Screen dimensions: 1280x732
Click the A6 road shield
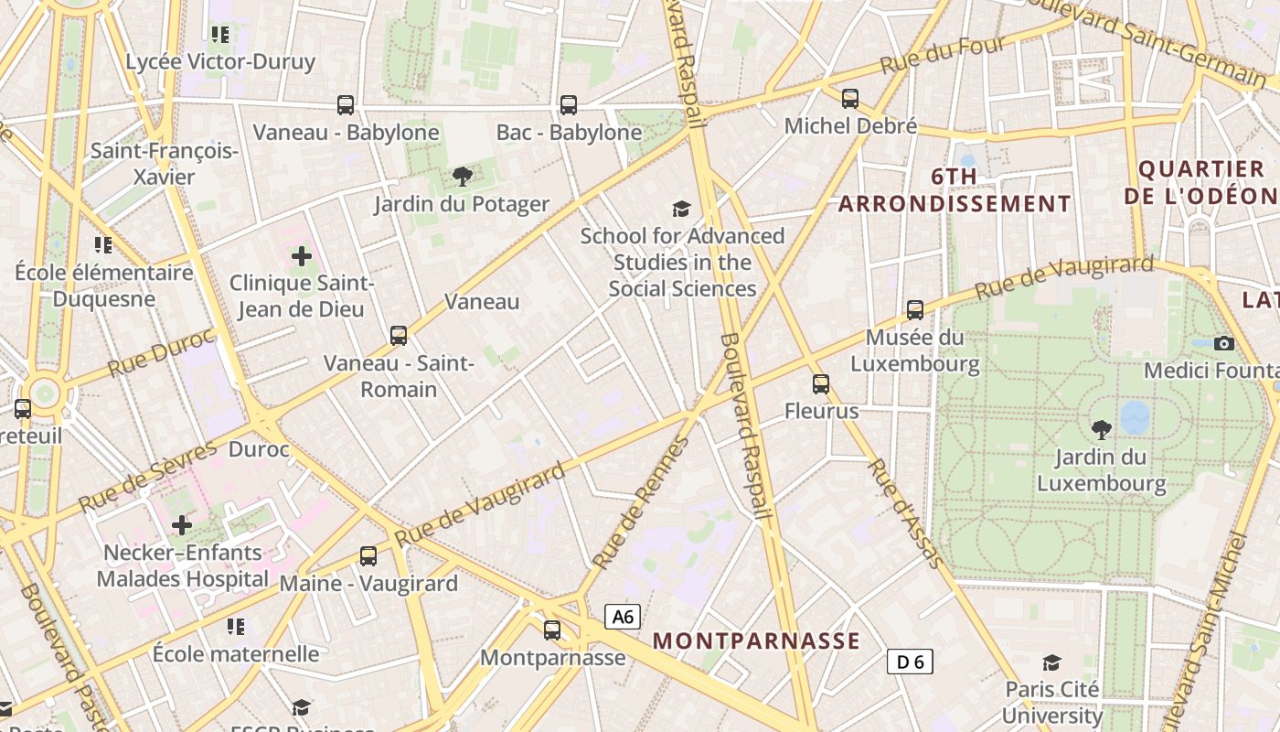[x=623, y=617]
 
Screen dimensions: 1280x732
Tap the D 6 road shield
[x=910, y=661]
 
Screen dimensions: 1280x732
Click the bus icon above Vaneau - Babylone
[x=345, y=105]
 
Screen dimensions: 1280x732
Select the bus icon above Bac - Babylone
[x=569, y=105]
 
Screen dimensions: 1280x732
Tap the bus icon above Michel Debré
[x=850, y=98]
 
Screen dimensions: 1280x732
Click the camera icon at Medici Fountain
[x=1223, y=343]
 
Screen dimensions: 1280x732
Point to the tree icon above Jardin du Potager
[x=462, y=176]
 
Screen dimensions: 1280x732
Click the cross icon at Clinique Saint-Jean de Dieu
[x=302, y=256]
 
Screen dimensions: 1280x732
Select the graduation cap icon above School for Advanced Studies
[x=681, y=209]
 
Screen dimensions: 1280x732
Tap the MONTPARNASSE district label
[x=757, y=640]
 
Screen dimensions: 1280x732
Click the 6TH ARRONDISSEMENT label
[x=955, y=189]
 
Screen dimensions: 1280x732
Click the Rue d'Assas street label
[x=903, y=512]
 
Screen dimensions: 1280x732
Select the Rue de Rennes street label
[x=639, y=503]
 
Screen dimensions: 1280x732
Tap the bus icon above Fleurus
[x=821, y=384]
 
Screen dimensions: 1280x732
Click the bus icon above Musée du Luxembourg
[x=914, y=310]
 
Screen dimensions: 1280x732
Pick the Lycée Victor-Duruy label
[x=220, y=62]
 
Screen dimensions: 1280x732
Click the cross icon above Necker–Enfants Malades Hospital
[x=182, y=525]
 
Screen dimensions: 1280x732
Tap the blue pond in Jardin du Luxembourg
[x=1135, y=417]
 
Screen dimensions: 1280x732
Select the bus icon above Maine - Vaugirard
[x=368, y=555]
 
